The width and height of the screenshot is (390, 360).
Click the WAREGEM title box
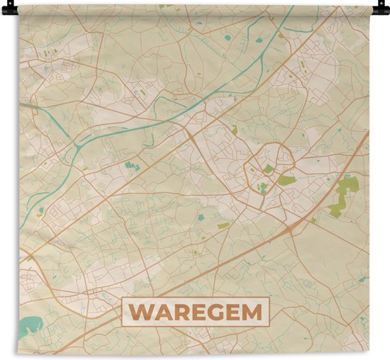(x=196, y=312)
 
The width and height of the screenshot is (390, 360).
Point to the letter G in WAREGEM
(x=218, y=312)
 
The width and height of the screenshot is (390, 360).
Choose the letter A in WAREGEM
(x=162, y=312)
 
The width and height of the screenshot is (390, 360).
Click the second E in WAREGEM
(x=235, y=312)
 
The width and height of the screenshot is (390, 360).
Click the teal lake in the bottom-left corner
(x=30, y=326)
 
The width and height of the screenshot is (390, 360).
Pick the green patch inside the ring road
(x=269, y=170)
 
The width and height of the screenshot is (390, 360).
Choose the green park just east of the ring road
(x=287, y=181)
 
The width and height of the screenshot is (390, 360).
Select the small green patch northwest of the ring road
(x=234, y=130)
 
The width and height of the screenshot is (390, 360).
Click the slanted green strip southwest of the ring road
(x=223, y=226)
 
